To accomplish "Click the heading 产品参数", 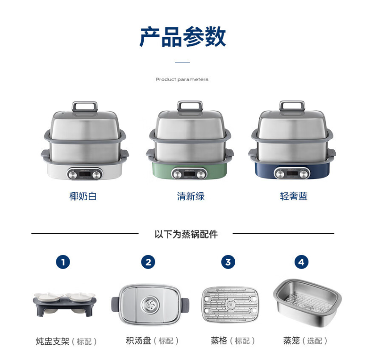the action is pos(183,37).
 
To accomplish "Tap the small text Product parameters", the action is pos(182,79).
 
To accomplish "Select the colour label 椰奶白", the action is pos(83,196).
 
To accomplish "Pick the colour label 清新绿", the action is pos(191,196).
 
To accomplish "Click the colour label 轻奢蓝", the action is pos(294,196).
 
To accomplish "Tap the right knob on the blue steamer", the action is pos(304,174).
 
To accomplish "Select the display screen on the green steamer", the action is pos(189,174).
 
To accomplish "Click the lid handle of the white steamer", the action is pos(84,106).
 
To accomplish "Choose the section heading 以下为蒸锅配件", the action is pos(186,234).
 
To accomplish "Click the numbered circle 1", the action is pos(63,262).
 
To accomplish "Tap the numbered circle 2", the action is pos(148,262).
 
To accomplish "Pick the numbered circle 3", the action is pos(228,262).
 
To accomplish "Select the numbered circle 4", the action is pos(301,262).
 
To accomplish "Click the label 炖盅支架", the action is pos(53,341).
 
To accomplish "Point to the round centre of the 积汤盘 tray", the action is pos(150,305).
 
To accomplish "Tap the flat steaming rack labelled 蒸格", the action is pos(230,304).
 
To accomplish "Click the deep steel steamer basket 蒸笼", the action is pos(307,302).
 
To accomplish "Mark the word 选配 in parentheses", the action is pos(315,341).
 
